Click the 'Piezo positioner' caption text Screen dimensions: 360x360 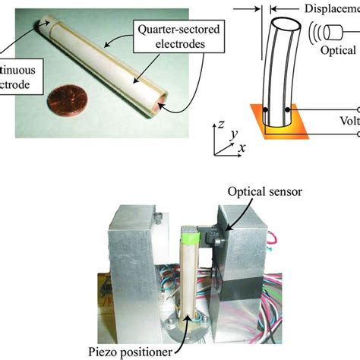pos(134,351)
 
